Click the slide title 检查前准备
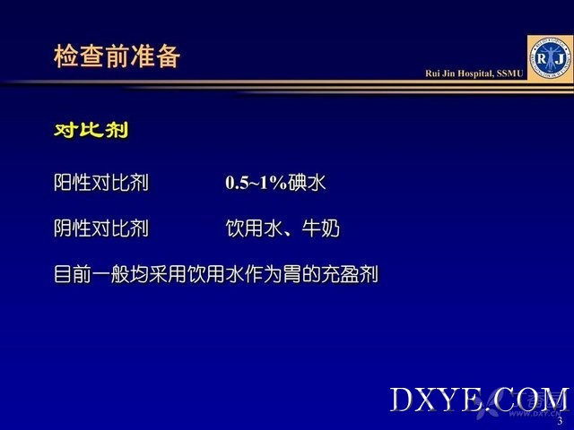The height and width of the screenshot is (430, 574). pyautogui.click(x=117, y=56)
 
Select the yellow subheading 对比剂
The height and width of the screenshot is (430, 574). pyautogui.click(x=91, y=130)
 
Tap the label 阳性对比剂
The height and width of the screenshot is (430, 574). pyautogui.click(x=101, y=182)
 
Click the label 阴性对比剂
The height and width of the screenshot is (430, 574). pyautogui.click(x=101, y=228)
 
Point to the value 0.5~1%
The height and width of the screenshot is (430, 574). pyautogui.click(x=256, y=183)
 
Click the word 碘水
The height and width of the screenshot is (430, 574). pyautogui.click(x=307, y=182)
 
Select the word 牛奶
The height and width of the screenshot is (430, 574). pyautogui.click(x=321, y=228)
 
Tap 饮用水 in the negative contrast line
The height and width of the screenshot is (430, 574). pyautogui.click(x=254, y=228)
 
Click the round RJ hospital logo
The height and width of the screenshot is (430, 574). pyautogui.click(x=550, y=58)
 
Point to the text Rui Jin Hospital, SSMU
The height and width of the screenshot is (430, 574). pyautogui.click(x=474, y=73)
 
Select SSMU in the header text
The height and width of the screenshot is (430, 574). pyautogui.click(x=510, y=73)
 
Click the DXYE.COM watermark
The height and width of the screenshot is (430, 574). pyautogui.click(x=479, y=400)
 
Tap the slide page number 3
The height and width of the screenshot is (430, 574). pyautogui.click(x=560, y=421)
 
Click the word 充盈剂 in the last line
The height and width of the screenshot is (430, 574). pyautogui.click(x=350, y=274)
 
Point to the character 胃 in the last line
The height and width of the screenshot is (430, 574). pyautogui.click(x=292, y=274)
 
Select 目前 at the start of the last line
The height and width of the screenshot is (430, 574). pyautogui.click(x=73, y=274)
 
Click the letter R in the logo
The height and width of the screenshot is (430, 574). pyautogui.click(x=542, y=57)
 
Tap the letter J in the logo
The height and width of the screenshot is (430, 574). pyautogui.click(x=559, y=58)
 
